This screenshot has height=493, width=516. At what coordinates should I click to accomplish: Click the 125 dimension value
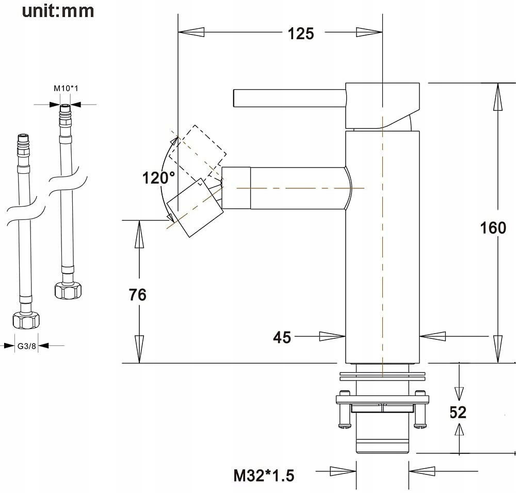click(301, 34)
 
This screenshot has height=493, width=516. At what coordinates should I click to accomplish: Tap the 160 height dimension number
click(493, 228)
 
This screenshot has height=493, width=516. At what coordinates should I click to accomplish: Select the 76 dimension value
click(138, 294)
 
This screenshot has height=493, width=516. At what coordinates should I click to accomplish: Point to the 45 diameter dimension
click(282, 337)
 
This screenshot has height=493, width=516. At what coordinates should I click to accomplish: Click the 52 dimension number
click(458, 413)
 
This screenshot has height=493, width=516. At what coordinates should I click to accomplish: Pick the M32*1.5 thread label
click(264, 475)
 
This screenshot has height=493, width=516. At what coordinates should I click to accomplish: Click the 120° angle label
click(158, 178)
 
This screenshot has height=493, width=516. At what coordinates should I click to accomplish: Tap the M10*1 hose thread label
click(66, 88)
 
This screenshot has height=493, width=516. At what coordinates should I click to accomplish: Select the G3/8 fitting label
click(27, 346)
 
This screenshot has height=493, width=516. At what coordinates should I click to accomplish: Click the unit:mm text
click(58, 11)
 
